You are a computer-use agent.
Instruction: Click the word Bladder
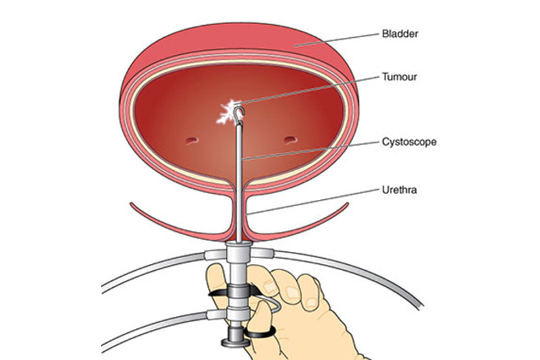[x=400, y=34]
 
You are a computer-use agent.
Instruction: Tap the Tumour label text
[x=400, y=76]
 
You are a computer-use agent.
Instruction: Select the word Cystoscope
[x=409, y=142]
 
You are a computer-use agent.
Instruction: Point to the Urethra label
[x=399, y=190]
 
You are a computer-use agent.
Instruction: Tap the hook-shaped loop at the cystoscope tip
[x=240, y=113]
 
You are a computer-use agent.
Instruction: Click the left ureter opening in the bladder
[x=191, y=140]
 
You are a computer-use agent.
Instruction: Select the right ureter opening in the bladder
[x=290, y=140]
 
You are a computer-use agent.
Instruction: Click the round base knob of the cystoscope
[x=235, y=342]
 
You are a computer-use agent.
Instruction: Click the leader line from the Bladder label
[x=337, y=40]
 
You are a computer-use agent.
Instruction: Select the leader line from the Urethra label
[x=313, y=201]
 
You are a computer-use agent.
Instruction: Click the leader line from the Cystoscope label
[x=310, y=151]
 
